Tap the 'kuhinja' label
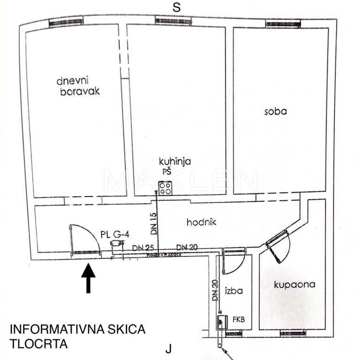[174, 162]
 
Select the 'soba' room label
[275, 112]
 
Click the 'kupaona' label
[294, 285]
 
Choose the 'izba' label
[233, 291]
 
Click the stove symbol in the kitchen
[165, 189]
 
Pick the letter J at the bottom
[169, 349]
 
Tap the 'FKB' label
[239, 320]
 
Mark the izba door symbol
[233, 262]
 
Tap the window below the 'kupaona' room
[293, 333]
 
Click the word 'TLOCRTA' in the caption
[38, 344]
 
